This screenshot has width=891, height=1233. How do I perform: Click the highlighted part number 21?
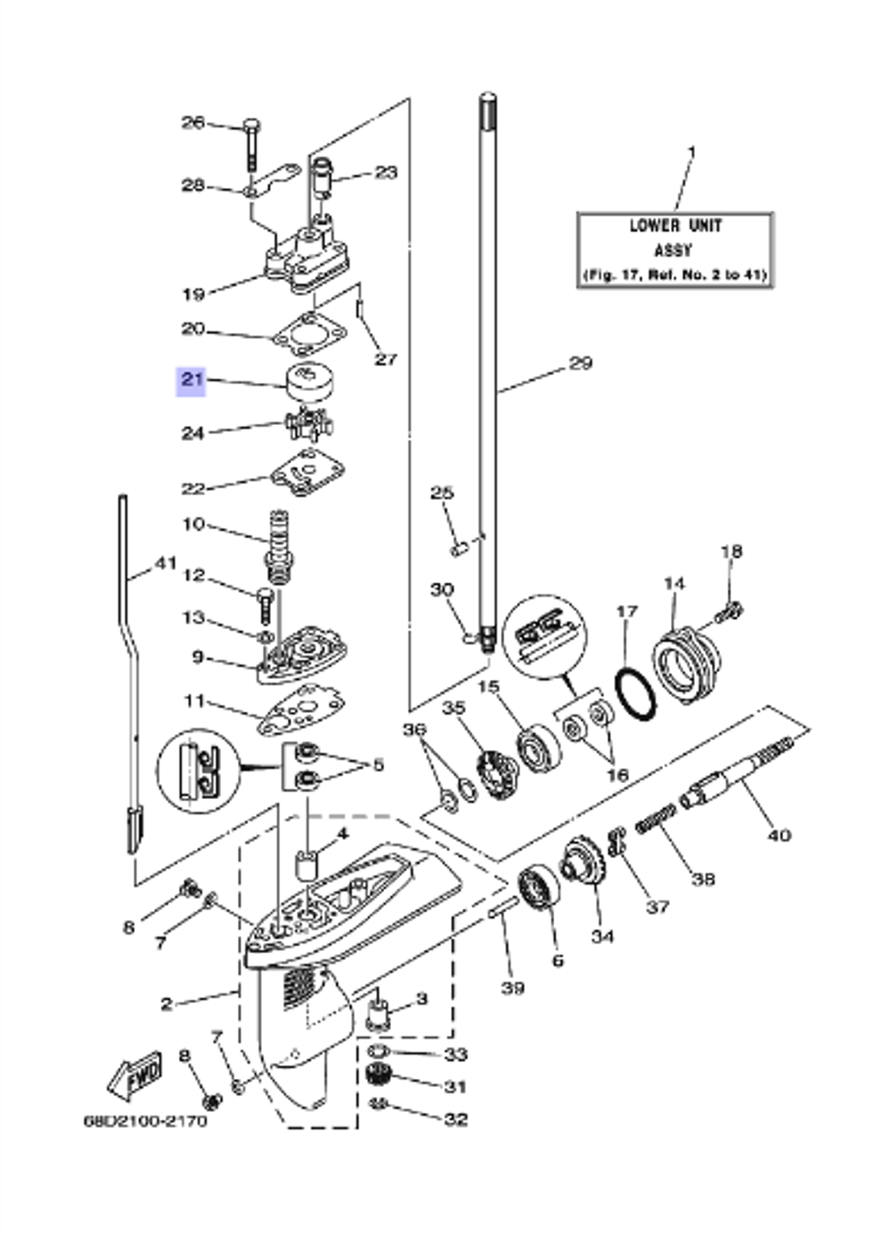[192, 380]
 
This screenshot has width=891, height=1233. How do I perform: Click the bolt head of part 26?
[251, 124]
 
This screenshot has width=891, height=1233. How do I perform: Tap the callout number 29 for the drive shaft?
[580, 363]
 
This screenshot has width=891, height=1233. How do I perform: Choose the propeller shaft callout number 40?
[779, 835]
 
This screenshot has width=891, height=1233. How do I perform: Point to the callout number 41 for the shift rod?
[166, 563]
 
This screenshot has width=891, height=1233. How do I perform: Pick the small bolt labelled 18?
[729, 611]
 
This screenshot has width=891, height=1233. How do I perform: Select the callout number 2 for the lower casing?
[167, 1004]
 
